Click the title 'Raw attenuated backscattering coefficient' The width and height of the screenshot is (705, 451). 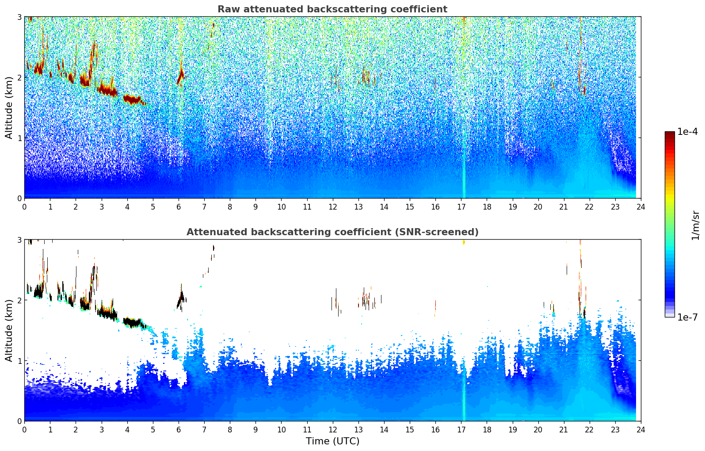pyautogui.click(x=332, y=9)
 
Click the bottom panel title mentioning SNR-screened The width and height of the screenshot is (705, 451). pyautogui.click(x=332, y=232)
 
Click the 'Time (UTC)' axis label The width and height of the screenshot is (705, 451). pyautogui.click(x=332, y=441)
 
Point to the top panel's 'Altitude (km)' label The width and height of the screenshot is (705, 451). pyautogui.click(x=9, y=108)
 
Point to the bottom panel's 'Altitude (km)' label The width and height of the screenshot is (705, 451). pyautogui.click(x=9, y=330)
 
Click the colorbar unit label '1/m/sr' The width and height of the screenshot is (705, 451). pyautogui.click(x=696, y=225)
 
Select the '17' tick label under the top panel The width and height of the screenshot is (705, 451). pyautogui.click(x=461, y=207)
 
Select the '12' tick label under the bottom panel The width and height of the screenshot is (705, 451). pyautogui.click(x=333, y=430)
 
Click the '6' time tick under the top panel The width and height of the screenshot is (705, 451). pyautogui.click(x=179, y=207)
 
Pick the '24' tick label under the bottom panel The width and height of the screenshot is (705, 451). pyautogui.click(x=641, y=430)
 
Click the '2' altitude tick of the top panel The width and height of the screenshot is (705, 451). pyautogui.click(x=19, y=77)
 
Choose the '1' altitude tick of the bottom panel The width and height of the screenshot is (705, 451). pyautogui.click(x=19, y=361)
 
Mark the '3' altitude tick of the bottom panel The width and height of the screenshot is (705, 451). pyautogui.click(x=19, y=240)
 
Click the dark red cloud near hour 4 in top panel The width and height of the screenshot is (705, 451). pyautogui.click(x=133, y=99)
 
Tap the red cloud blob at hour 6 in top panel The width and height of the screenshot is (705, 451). pyautogui.click(x=181, y=76)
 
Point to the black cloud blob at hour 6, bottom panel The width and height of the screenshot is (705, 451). pyautogui.click(x=181, y=299)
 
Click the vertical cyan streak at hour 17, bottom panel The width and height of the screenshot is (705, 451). pyautogui.click(x=463, y=390)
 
